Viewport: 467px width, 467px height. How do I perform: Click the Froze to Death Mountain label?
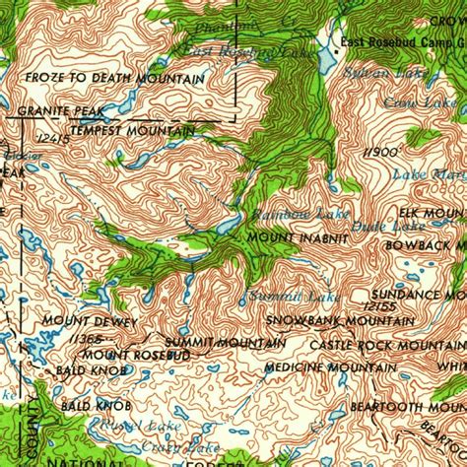pyautogui.click(x=115, y=79)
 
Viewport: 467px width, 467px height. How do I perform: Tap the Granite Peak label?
pyautogui.click(x=46, y=112)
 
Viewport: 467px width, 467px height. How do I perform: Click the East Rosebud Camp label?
pyautogui.click(x=399, y=41)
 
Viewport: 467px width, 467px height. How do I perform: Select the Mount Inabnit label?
pyautogui.click(x=297, y=237)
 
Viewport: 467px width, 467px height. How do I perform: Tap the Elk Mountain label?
pyautogui.click(x=432, y=213)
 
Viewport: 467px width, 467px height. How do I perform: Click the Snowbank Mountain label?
pyautogui.click(x=326, y=320)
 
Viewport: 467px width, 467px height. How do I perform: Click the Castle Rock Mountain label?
pyautogui.click(x=387, y=345)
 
